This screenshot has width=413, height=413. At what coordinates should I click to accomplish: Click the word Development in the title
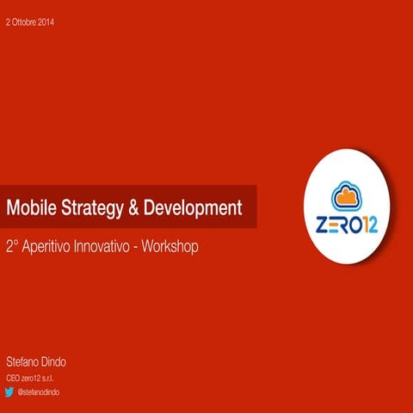(x=193, y=208)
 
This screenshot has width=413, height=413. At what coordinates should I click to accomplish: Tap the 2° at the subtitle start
(x=12, y=246)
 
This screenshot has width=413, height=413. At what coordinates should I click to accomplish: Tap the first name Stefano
(x=22, y=362)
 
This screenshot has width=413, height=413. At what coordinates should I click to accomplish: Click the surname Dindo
(x=59, y=362)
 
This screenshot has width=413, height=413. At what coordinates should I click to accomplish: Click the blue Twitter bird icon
(x=11, y=392)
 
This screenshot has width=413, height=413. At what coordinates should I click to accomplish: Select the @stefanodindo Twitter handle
(x=44, y=392)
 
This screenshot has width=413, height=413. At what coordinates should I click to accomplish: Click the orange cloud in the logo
(x=347, y=196)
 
